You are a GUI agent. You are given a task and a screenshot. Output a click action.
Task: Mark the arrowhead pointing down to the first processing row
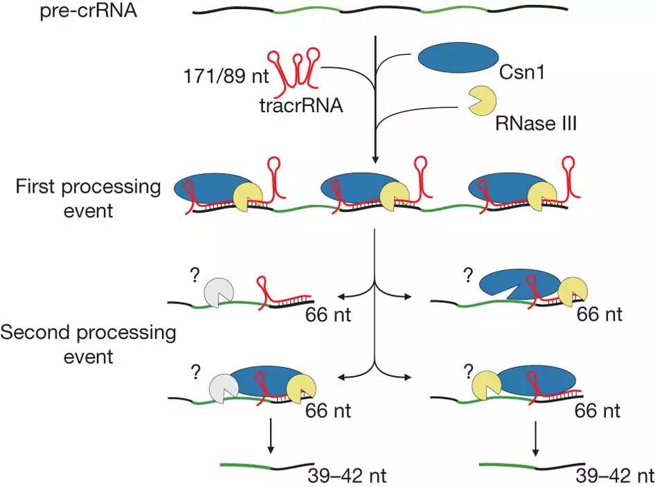375,159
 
